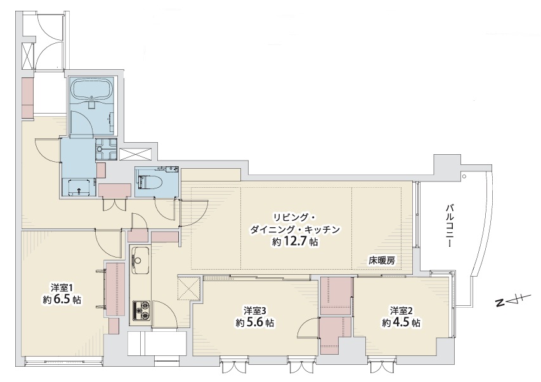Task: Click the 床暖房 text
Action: (x=382, y=260)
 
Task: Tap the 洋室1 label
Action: (x=62, y=286)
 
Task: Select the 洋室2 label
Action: (x=401, y=310)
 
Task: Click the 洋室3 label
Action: (x=254, y=310)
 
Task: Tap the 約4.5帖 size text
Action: (x=401, y=323)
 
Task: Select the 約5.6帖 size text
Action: (x=254, y=323)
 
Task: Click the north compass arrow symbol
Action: (x=509, y=301)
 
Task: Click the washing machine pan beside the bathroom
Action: (x=106, y=150)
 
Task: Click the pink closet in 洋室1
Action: (x=115, y=289)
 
